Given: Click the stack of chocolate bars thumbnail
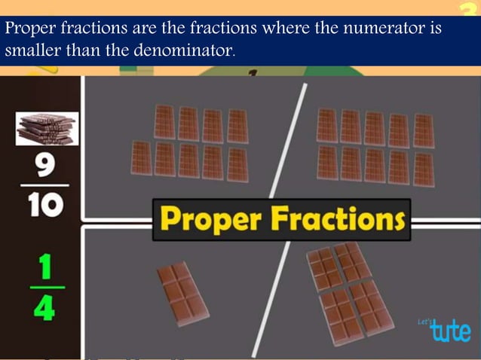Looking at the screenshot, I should (47, 129).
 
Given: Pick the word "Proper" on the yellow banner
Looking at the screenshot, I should (212, 221).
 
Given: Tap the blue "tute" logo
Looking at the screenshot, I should (450, 330).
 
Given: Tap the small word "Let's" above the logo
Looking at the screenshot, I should (424, 322).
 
